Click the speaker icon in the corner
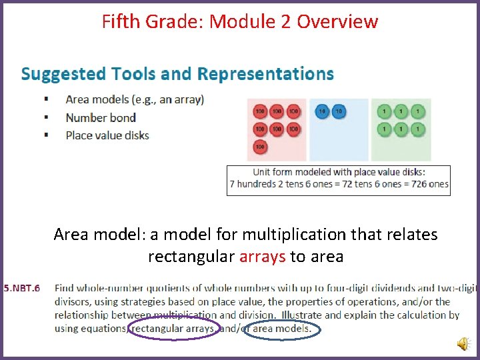[x=462, y=343]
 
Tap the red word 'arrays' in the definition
[x=263, y=257]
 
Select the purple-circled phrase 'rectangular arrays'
[x=173, y=328]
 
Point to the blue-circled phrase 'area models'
[x=281, y=328]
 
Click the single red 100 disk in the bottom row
[x=260, y=147]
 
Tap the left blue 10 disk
[x=323, y=111]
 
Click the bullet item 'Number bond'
[x=101, y=118]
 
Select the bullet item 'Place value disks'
[x=107, y=135]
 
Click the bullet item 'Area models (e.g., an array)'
[x=135, y=100]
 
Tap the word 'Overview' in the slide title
[x=337, y=21]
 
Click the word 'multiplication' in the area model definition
[x=290, y=235]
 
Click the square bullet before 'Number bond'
[x=46, y=118]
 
